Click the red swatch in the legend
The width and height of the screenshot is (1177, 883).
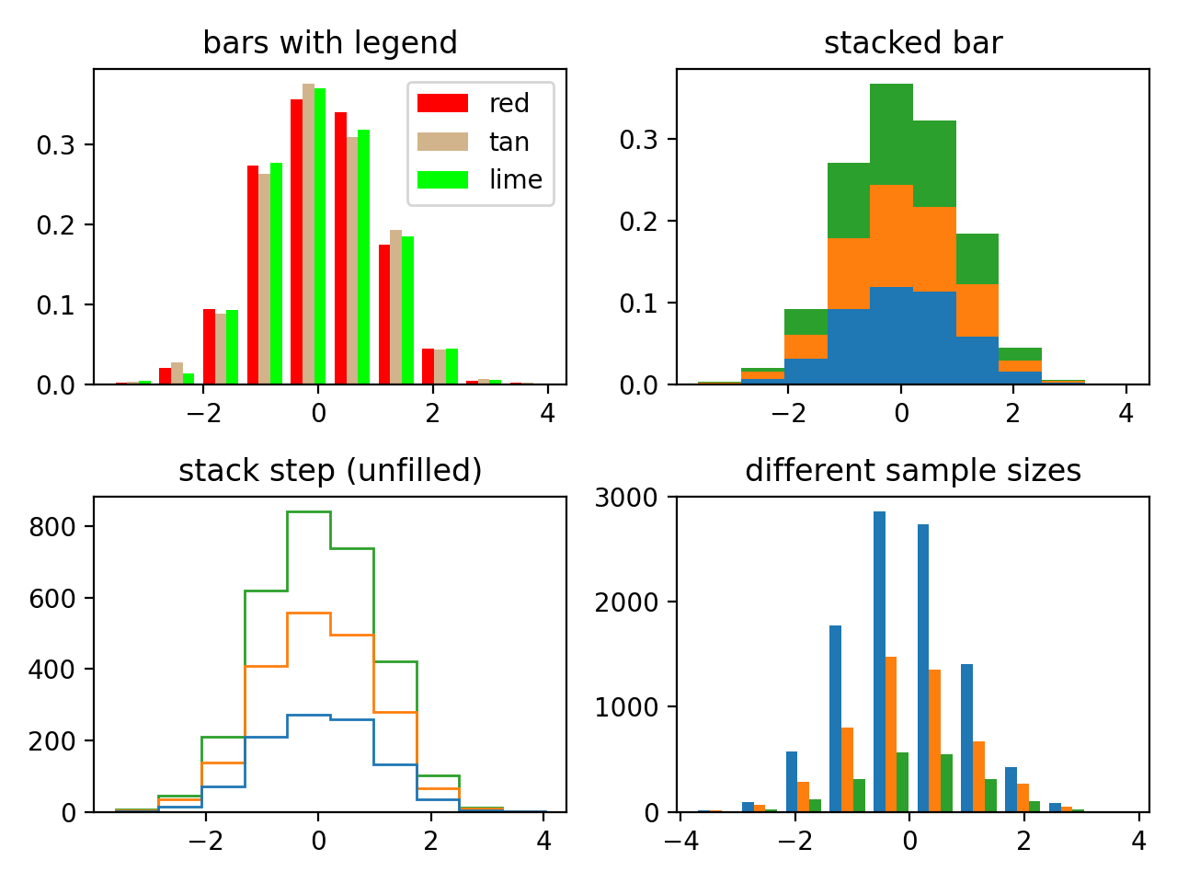(442, 103)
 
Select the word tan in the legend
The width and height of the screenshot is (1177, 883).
(509, 142)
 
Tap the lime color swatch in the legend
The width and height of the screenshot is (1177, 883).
(442, 180)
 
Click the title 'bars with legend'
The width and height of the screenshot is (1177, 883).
(329, 43)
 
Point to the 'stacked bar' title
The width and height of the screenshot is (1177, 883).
(912, 43)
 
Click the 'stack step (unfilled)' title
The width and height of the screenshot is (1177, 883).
(329, 471)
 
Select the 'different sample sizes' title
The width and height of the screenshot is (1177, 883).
(912, 471)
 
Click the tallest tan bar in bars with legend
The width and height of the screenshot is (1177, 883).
(308, 234)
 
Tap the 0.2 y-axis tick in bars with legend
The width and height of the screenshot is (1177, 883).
(55, 225)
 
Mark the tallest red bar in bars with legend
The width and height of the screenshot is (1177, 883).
(296, 241)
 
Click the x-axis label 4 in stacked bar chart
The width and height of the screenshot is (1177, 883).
(1126, 413)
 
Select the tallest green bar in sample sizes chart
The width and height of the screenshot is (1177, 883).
(902, 782)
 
